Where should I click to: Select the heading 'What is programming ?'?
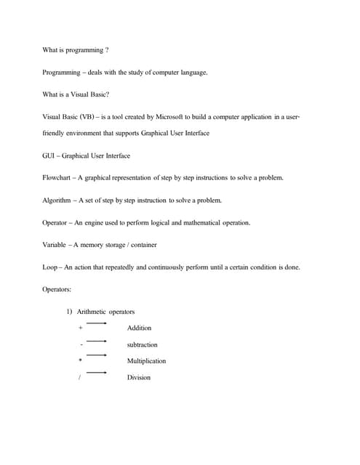click(x=76, y=50)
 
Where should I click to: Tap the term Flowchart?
click(x=57, y=178)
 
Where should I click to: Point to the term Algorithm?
click(x=57, y=200)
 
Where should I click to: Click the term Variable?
click(x=55, y=245)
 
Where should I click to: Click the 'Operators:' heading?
click(x=57, y=289)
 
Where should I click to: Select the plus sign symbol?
click(x=80, y=328)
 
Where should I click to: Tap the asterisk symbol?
click(x=81, y=361)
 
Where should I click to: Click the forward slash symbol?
click(x=80, y=378)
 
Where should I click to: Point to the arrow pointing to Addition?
click(x=97, y=323)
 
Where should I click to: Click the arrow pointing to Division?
click(x=97, y=373)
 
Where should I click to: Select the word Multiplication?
click(x=146, y=361)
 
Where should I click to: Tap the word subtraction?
click(x=142, y=344)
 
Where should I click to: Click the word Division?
click(x=138, y=378)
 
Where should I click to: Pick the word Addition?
click(x=139, y=328)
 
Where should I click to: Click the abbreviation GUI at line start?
click(x=49, y=155)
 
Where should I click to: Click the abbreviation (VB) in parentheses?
click(x=86, y=116)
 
